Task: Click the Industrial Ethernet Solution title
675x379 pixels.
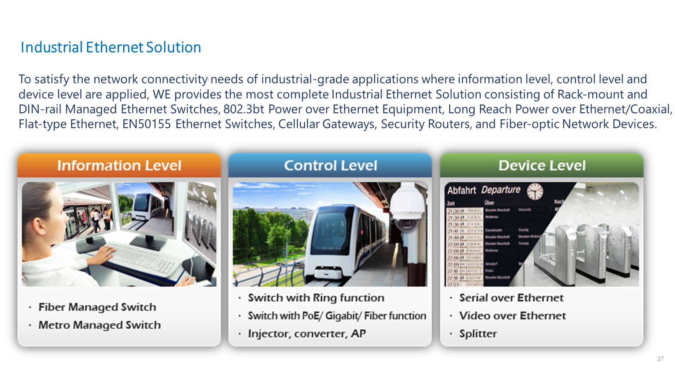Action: click(111, 48)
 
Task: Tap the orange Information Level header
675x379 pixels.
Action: click(119, 166)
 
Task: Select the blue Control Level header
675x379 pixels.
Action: click(330, 166)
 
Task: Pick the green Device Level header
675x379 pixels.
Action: click(542, 166)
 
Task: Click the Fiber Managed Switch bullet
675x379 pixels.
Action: click(97, 307)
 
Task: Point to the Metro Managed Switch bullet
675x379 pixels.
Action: click(99, 325)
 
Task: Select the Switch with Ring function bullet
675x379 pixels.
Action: click(316, 298)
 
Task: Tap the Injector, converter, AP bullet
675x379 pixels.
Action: click(307, 334)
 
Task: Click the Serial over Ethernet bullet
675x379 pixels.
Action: click(511, 298)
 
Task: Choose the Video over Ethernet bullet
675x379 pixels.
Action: click(512, 316)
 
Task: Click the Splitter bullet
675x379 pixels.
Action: click(478, 334)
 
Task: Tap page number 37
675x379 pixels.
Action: click(660, 359)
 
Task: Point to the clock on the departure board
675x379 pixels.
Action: click(535, 191)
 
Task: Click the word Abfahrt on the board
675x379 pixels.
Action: click(461, 191)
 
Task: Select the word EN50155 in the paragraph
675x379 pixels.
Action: click(147, 124)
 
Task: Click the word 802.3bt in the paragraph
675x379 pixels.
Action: click(244, 109)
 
